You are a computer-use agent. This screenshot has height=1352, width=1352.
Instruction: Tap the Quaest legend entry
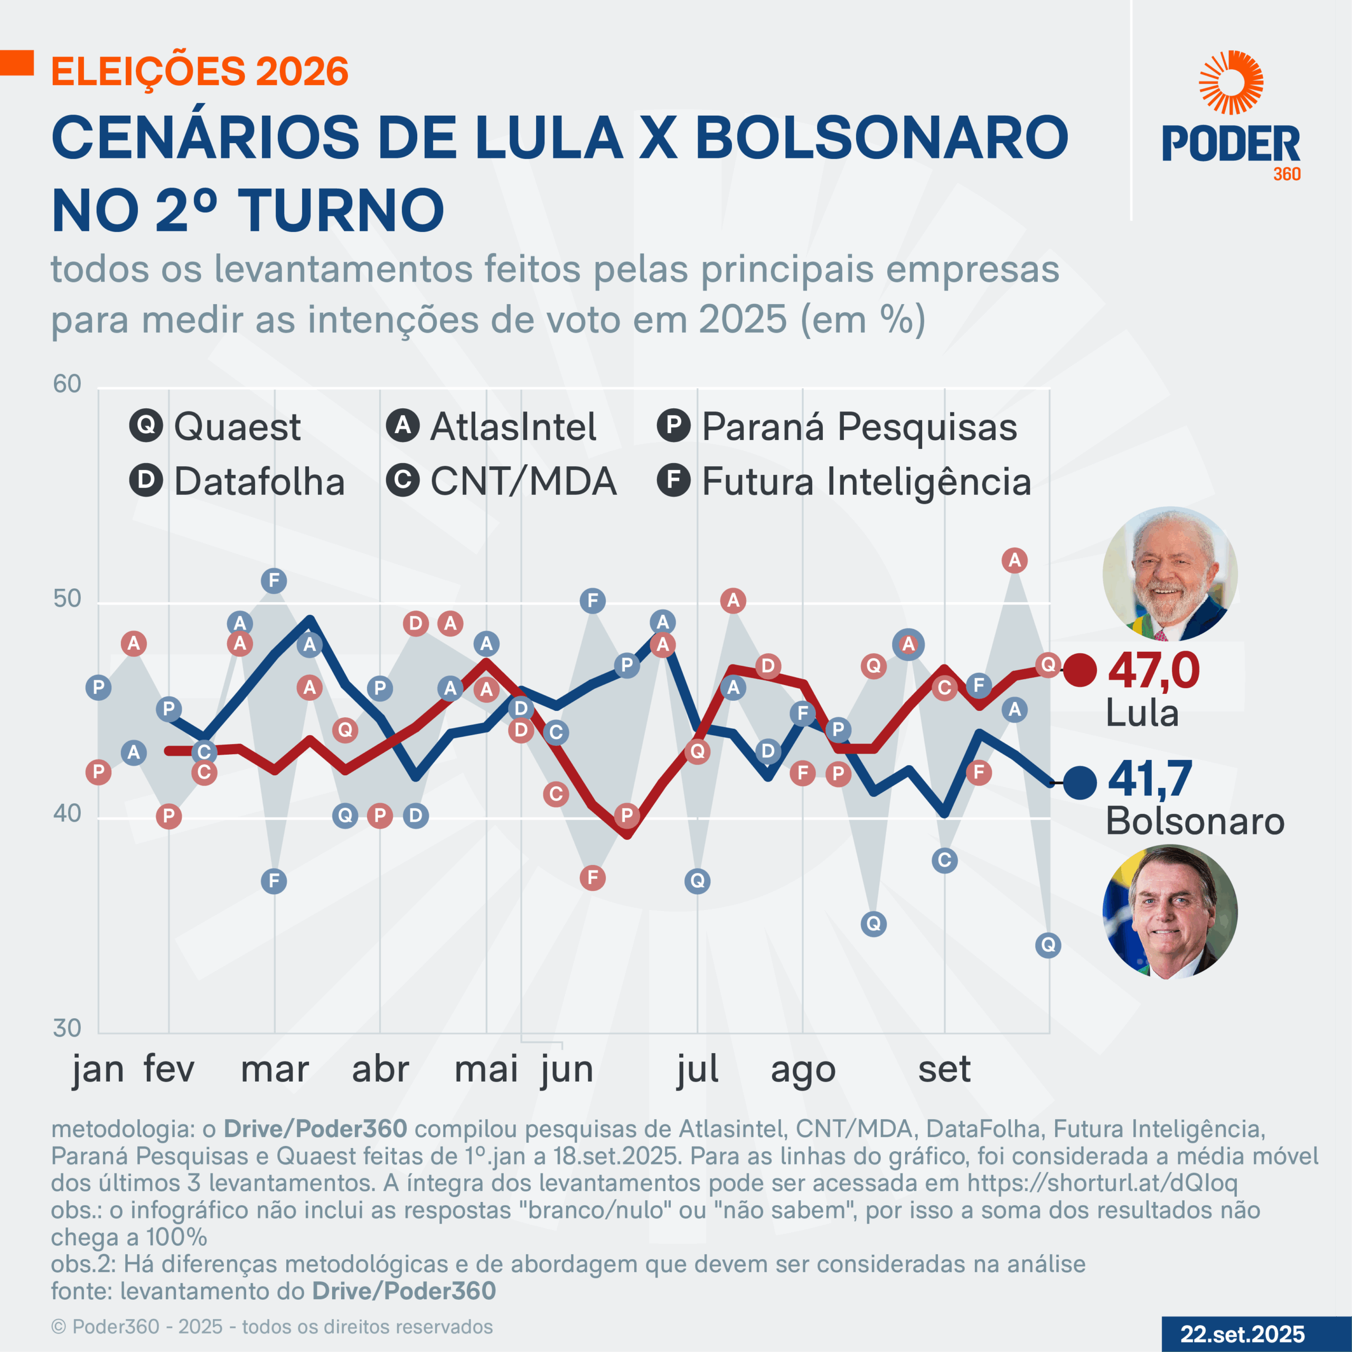pyautogui.click(x=215, y=426)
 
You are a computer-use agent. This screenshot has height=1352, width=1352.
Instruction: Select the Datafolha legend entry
pyautogui.click(x=237, y=482)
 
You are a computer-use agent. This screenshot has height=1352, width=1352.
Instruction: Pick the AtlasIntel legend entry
pyautogui.click(x=491, y=426)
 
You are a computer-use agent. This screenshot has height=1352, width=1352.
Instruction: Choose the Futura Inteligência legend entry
pyautogui.click(x=844, y=482)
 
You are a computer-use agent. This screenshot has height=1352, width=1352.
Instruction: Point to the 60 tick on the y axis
pyautogui.click(x=67, y=384)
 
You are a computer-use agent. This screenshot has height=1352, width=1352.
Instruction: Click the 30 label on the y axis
pyautogui.click(x=67, y=1028)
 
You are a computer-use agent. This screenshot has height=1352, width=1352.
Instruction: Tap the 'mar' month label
pyautogui.click(x=274, y=1070)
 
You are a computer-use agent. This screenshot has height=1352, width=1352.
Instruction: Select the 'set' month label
pyautogui.click(x=944, y=1070)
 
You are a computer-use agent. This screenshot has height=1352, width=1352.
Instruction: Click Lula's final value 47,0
pyautogui.click(x=1153, y=670)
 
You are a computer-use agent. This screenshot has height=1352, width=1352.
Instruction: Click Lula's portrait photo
pyautogui.click(x=1170, y=575)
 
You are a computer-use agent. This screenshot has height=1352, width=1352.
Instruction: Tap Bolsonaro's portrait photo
pyautogui.click(x=1170, y=912)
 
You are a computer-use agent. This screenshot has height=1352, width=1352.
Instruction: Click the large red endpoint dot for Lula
pyautogui.click(x=1080, y=670)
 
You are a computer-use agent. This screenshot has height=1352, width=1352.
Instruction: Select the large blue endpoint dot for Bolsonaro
pyautogui.click(x=1080, y=782)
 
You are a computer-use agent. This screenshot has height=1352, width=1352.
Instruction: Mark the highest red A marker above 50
pyautogui.click(x=1015, y=560)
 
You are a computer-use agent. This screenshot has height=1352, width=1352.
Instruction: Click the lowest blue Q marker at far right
pyautogui.click(x=1048, y=945)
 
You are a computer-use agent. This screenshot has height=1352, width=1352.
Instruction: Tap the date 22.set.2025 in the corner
pyautogui.click(x=1242, y=1334)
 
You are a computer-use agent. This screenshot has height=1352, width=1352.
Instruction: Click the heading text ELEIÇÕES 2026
pyautogui.click(x=200, y=72)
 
